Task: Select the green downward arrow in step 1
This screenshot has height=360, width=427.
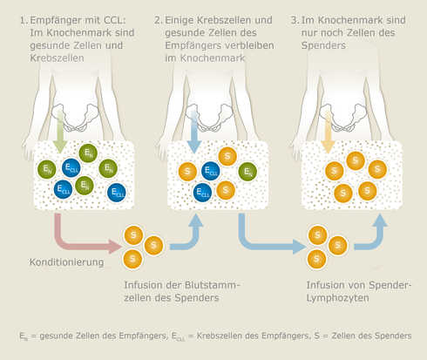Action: click(58, 132)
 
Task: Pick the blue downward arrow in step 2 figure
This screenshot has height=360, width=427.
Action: click(193, 132)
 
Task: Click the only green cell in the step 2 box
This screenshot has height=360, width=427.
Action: click(248, 172)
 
